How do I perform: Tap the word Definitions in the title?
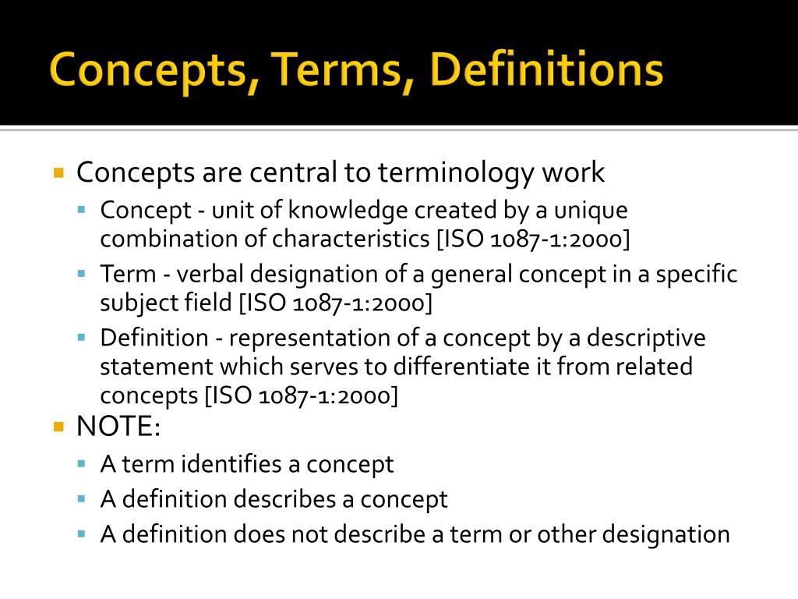(546, 70)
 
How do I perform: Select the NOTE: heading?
(118, 427)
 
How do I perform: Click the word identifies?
(232, 464)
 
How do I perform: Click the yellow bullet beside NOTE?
(58, 427)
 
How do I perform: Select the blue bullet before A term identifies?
(83, 463)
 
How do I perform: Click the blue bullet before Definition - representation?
(83, 338)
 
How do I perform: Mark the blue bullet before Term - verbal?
(83, 274)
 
